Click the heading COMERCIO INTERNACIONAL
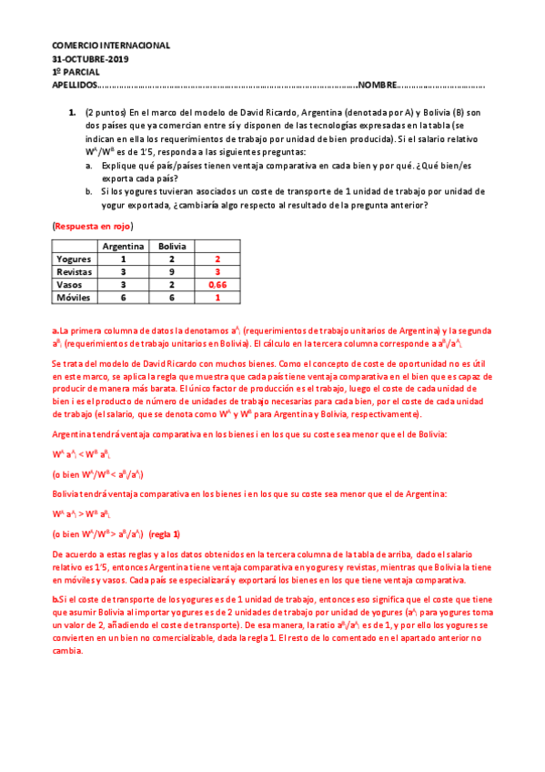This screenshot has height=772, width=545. point(110,45)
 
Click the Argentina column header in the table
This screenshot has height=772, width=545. point(122,246)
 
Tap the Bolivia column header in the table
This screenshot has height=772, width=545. point(172,246)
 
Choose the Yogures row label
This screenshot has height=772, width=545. point(75,259)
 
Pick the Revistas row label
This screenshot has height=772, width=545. point(75,271)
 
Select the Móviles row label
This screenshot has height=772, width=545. point(75,297)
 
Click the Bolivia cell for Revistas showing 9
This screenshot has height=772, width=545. point(172,271)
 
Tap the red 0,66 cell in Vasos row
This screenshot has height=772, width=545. point(217,284)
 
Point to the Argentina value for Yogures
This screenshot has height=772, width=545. point(122,259)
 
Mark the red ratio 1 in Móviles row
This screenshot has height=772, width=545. point(217,297)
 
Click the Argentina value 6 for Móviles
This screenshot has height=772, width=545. point(122,297)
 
